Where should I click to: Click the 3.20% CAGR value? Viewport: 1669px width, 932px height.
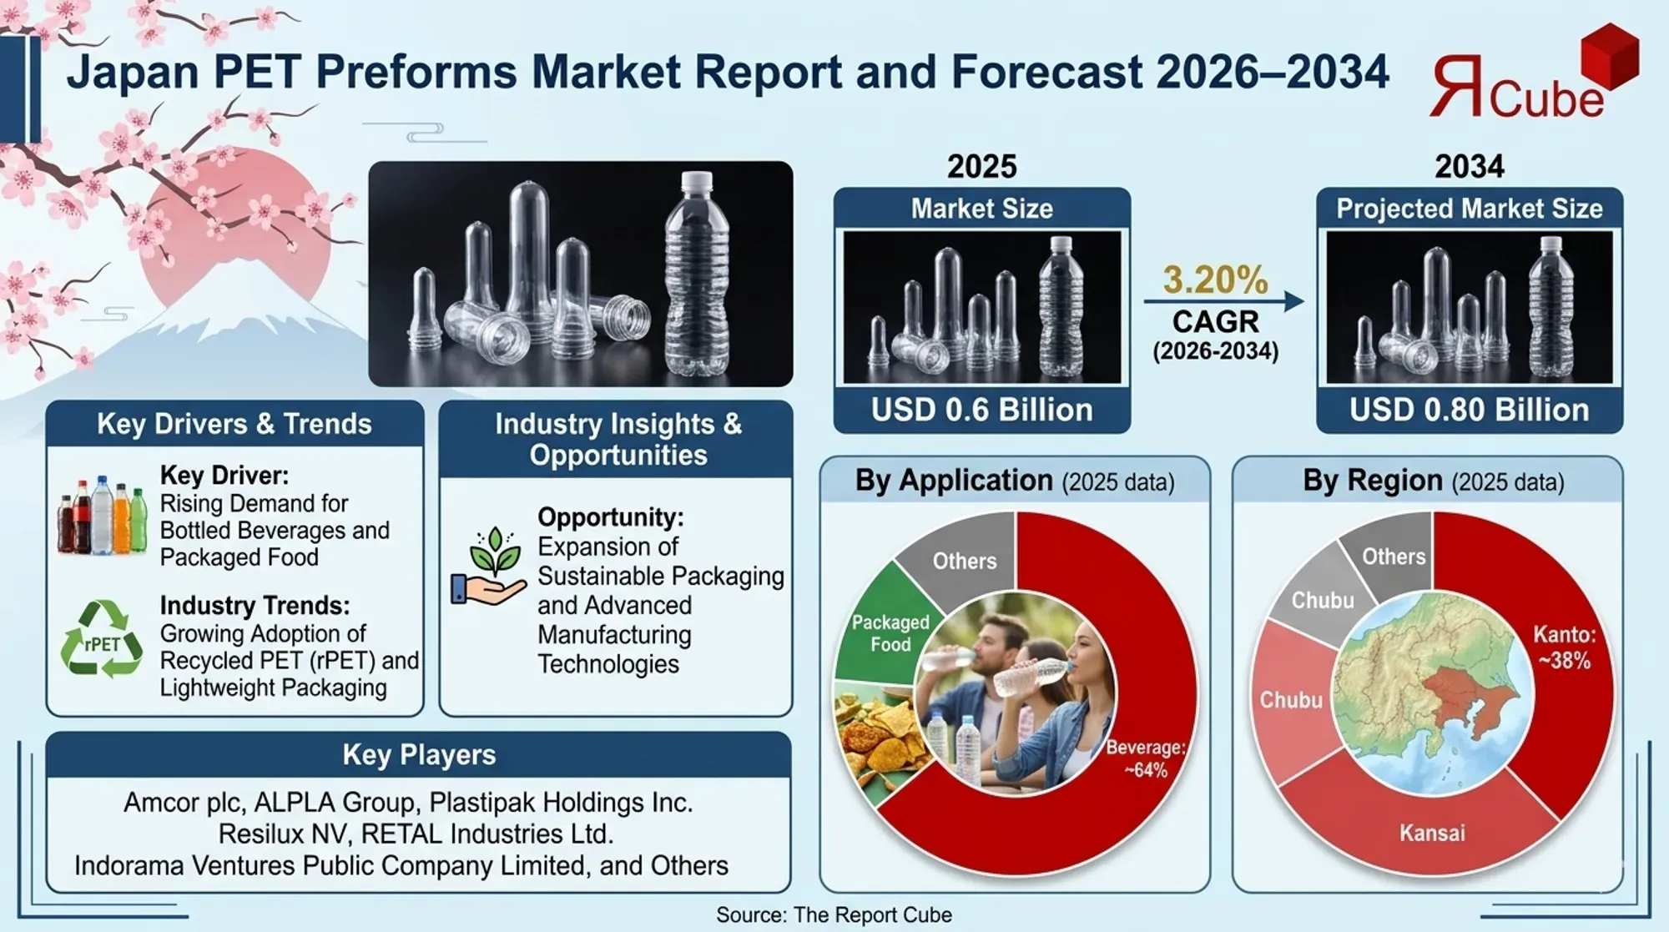(x=1215, y=280)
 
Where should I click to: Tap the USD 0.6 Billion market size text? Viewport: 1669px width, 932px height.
(x=981, y=411)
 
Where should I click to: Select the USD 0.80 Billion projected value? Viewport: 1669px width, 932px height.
(x=1469, y=411)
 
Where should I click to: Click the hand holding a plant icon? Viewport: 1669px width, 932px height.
(x=490, y=567)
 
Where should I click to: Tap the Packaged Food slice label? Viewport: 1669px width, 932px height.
(x=890, y=633)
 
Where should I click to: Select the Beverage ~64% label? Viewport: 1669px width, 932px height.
(x=1145, y=758)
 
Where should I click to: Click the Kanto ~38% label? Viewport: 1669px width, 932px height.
(x=1564, y=648)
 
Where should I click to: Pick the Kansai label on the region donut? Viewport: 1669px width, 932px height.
(x=1432, y=833)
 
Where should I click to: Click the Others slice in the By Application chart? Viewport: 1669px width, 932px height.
(x=965, y=561)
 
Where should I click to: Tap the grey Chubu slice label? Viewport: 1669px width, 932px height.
(x=1322, y=600)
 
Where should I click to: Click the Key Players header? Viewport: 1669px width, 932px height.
(x=419, y=755)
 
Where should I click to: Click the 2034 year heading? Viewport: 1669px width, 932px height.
(x=1469, y=166)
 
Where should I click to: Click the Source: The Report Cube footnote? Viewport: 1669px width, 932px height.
(x=834, y=915)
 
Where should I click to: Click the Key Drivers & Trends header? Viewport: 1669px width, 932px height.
(x=234, y=424)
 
